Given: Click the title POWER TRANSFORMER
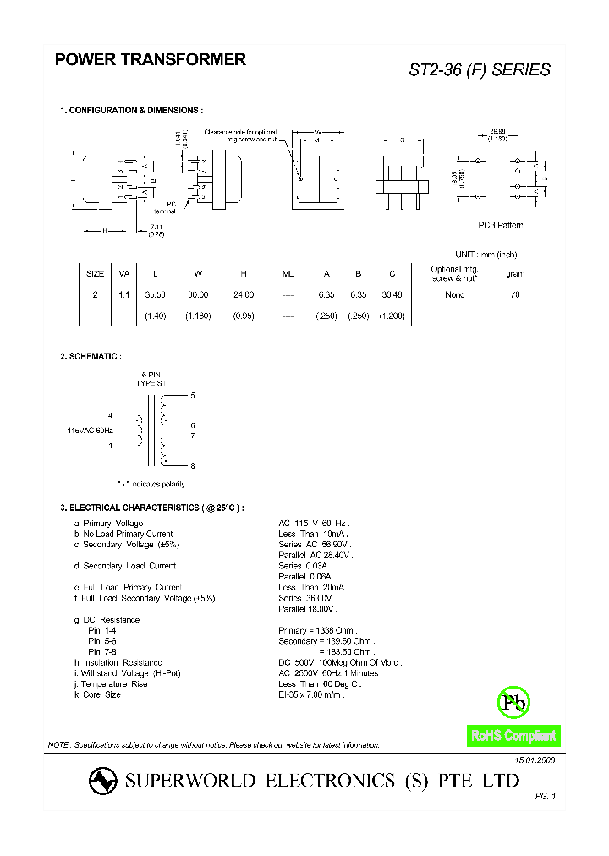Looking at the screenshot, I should point(150,60).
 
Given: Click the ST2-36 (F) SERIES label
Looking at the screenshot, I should point(480,70).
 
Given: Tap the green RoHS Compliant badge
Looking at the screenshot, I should point(513,736).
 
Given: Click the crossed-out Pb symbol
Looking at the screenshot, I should point(513,701).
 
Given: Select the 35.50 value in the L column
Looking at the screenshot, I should point(154,294).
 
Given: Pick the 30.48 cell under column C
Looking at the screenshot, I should point(392,294).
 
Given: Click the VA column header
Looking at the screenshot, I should point(124,273).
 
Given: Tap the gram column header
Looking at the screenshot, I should point(515,273).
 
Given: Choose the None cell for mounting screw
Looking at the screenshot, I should point(455,294).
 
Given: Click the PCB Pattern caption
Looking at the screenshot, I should point(501,225).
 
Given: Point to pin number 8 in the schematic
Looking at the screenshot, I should point(193,466).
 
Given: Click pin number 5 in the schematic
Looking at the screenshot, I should point(193,395).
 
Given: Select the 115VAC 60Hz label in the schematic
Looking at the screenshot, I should point(91,431).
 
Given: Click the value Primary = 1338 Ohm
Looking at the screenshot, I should point(318,630).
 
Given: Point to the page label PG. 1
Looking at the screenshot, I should point(545,797).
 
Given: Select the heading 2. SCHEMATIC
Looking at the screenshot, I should point(91,357).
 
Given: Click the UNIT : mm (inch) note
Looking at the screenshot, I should point(486,255).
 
